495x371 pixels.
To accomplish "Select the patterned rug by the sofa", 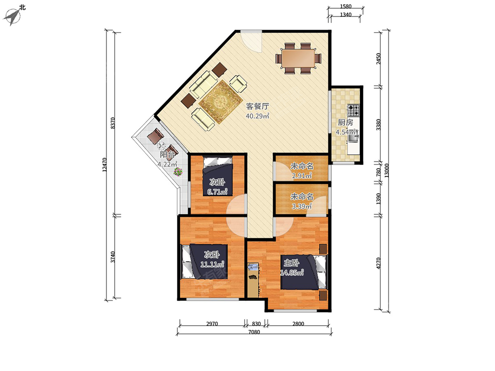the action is click(220, 101).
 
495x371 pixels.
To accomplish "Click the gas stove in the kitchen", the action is click(353, 110).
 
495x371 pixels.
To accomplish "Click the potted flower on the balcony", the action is click(178, 171).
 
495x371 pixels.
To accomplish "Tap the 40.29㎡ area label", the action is click(257, 116).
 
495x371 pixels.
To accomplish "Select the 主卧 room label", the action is click(291, 263).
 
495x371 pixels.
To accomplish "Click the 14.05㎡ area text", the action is click(292, 273).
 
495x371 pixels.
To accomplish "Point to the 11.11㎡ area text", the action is click(212, 264).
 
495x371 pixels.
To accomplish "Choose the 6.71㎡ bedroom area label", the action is click(217, 192).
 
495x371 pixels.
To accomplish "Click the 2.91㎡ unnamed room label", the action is click(302, 176).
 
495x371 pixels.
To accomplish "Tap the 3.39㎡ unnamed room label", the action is click(302, 206).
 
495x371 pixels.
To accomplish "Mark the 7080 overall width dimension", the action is click(254, 332).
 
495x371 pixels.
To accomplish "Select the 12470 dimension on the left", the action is click(104, 164).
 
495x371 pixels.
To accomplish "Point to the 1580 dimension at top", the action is click(346, 7).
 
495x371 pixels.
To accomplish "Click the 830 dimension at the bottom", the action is click(256, 324).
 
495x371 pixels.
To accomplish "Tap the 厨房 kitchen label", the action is click(345, 122).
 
